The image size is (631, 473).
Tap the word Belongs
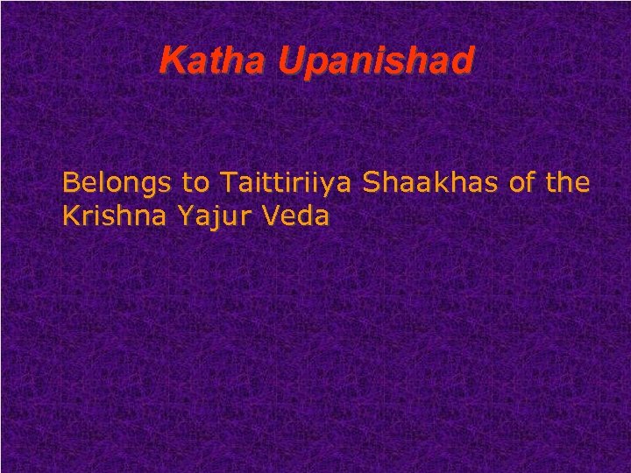tap(118, 183)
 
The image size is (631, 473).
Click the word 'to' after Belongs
tap(196, 183)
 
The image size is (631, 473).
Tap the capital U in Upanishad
tap(289, 60)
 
